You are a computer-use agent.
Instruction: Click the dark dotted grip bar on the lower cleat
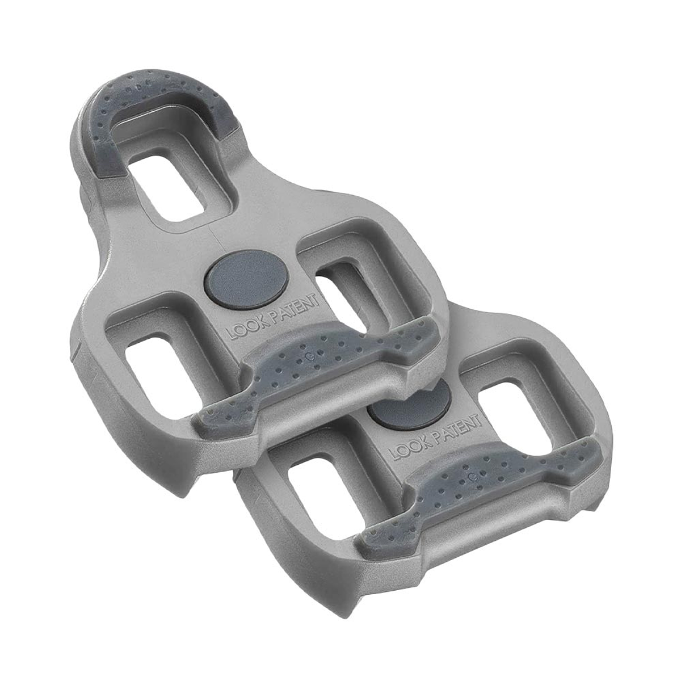pyautogui.click(x=482, y=488)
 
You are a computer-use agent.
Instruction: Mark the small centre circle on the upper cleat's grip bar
pyautogui.click(x=308, y=356)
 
